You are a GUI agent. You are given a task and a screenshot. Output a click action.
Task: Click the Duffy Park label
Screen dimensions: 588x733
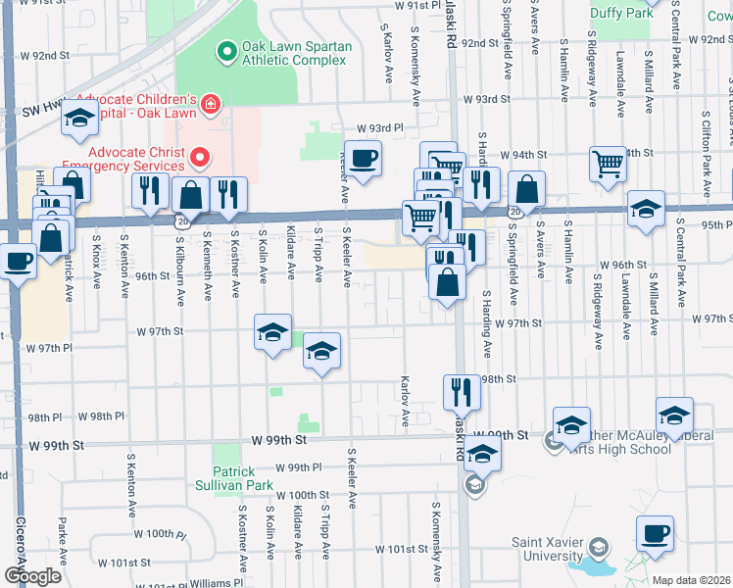tap(621, 14)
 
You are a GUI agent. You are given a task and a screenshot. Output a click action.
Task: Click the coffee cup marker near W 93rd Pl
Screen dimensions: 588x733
tap(363, 159)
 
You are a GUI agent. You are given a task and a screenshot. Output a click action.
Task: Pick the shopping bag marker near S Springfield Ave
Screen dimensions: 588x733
tap(527, 191)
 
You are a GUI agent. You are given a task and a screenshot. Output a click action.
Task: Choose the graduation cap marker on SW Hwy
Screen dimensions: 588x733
tap(79, 122)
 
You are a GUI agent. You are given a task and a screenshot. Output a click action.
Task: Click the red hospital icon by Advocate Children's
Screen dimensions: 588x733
tap(210, 103)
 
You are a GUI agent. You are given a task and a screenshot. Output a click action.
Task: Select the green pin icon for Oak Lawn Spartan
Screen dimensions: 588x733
tap(226, 49)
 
